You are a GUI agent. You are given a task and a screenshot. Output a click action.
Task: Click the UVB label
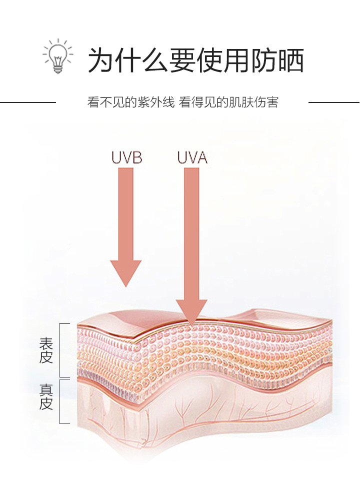(x=126, y=158)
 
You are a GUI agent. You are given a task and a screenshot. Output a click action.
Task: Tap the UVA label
(x=192, y=158)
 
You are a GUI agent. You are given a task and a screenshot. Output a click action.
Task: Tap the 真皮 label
(x=46, y=396)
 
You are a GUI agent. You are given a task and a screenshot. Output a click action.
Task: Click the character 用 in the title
(x=236, y=60)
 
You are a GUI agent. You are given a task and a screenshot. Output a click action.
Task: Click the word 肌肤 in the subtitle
(x=241, y=103)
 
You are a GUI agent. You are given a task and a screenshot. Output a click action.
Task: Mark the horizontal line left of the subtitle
(x=27, y=102)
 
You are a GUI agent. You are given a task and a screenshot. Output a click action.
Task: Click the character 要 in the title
(x=182, y=60)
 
